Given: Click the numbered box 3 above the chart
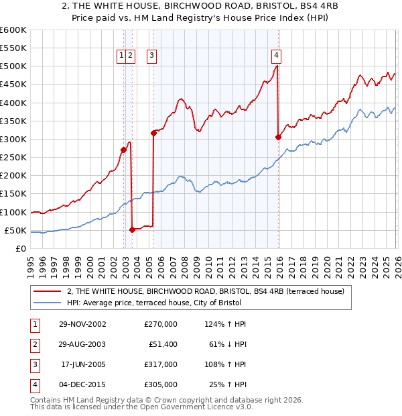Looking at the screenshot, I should click(152, 56).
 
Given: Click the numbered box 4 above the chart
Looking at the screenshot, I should click(276, 56).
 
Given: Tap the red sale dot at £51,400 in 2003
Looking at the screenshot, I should click(132, 229).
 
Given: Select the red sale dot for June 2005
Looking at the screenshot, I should click(153, 133).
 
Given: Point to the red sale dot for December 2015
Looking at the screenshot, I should click(278, 137).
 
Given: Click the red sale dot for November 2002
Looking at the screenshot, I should click(123, 150).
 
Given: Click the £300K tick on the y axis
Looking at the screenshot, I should click(13, 139).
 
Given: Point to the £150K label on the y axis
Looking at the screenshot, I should click(13, 194).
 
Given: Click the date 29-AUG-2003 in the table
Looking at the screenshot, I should click(82, 344).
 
